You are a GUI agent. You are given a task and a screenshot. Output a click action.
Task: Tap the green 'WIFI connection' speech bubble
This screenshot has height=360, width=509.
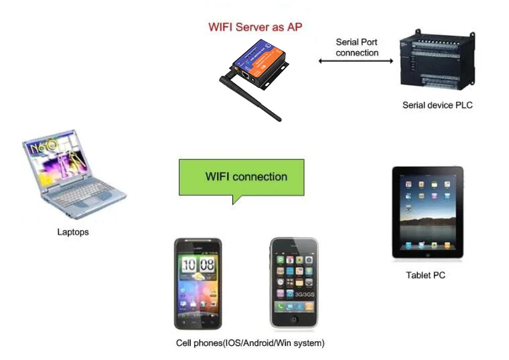241,177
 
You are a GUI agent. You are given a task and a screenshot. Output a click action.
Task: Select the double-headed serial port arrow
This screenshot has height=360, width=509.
356,61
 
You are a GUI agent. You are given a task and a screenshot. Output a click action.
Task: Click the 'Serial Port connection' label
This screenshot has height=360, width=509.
357,47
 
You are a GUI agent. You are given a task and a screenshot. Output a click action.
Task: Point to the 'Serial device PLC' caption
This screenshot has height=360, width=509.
437,105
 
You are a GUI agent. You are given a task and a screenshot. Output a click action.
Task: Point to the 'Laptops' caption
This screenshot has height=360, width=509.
73,232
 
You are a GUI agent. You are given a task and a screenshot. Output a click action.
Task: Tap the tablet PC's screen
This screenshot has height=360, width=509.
427,211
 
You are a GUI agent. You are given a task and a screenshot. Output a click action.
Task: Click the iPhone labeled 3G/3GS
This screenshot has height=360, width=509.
294,284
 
